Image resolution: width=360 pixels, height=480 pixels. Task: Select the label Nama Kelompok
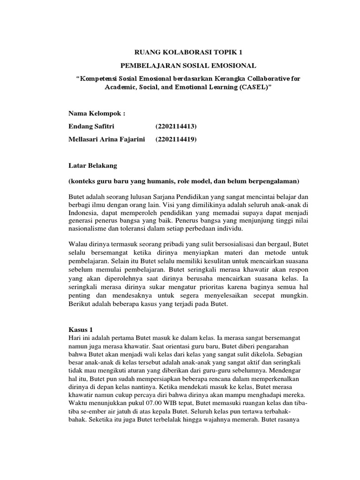97,114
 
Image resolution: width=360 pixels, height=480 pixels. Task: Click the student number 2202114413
176,127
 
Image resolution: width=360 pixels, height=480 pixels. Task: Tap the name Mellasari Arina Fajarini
107,139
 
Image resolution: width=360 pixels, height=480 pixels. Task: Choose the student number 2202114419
176,139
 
